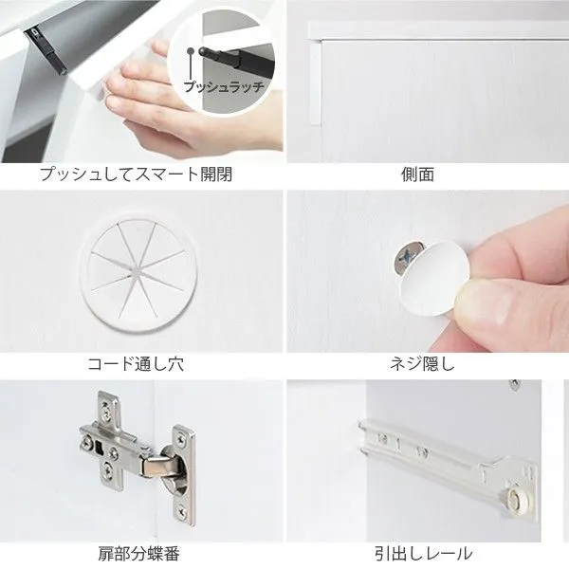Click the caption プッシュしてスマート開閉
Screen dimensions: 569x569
136,174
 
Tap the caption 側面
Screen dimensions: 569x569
418,174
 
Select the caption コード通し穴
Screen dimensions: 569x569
136,364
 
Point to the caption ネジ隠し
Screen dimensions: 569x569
422,364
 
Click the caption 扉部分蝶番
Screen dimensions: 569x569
139,554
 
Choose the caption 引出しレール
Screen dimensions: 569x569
424,554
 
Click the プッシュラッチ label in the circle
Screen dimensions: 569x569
224,87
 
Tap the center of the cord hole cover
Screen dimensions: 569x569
138,269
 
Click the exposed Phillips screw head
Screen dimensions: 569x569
408,257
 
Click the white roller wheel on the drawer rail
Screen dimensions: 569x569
518,500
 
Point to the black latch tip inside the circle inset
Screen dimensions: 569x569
201,51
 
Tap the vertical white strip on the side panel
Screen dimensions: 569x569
315,83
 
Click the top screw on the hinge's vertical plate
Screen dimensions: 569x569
180,441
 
